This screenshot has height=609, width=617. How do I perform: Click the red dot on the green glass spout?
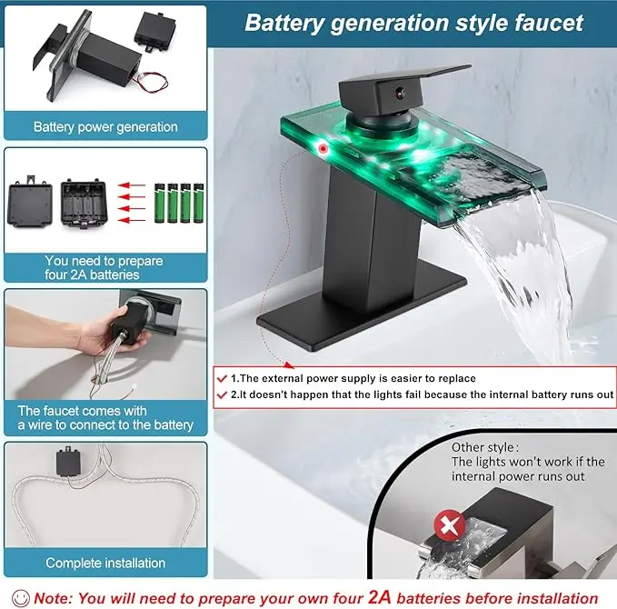click(323, 148)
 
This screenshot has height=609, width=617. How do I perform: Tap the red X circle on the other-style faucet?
click(450, 524)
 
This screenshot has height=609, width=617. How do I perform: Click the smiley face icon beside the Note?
click(21, 598)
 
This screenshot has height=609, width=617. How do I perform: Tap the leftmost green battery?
click(160, 203)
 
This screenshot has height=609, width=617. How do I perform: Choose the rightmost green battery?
click(198, 203)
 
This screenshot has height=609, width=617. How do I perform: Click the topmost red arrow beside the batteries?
click(132, 185)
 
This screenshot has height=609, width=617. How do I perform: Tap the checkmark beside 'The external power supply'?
click(222, 379)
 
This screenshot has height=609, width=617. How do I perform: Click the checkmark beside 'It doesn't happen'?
click(222, 394)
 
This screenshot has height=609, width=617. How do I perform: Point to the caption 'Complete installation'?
click(105, 563)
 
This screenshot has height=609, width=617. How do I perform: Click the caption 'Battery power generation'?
click(105, 126)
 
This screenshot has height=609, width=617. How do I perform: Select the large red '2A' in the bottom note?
click(379, 597)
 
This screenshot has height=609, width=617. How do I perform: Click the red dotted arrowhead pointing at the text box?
click(290, 365)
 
